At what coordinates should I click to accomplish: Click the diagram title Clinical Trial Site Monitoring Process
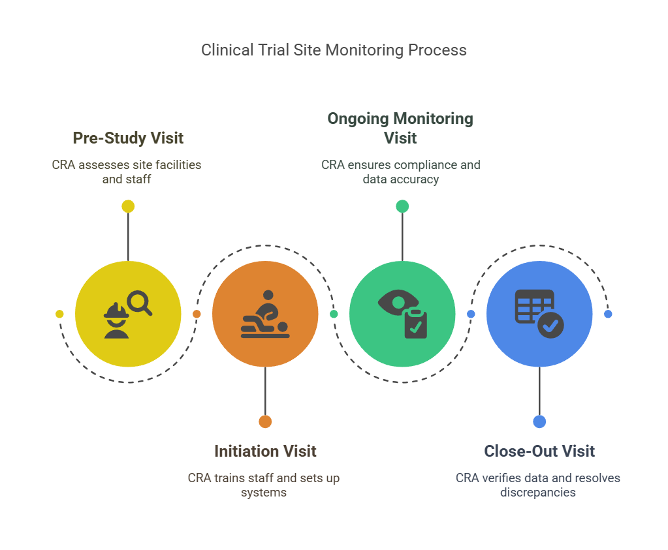click(334, 50)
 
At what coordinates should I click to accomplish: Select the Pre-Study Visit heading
click(128, 138)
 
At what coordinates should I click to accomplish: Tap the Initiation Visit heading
click(265, 451)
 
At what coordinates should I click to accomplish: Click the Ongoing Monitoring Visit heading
click(400, 128)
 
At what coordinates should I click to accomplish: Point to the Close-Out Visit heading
click(539, 451)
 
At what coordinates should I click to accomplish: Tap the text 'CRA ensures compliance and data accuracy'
click(400, 172)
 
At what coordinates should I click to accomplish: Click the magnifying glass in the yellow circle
click(139, 303)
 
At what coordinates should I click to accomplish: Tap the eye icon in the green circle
click(396, 303)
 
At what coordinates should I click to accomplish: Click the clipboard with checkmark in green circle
click(415, 324)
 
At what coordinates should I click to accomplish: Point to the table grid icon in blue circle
click(533, 305)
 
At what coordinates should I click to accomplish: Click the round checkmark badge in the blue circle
click(550, 324)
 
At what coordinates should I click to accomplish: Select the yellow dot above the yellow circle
click(128, 206)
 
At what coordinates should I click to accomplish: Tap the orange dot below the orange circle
click(265, 421)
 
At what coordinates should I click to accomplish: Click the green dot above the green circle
click(402, 206)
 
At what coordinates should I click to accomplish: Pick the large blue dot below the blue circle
click(539, 421)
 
